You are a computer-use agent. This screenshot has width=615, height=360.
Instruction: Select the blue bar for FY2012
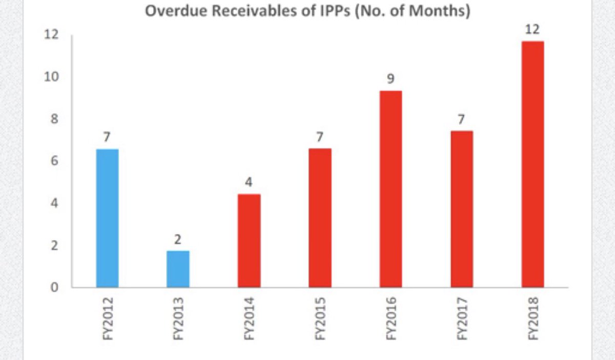tap(107, 218)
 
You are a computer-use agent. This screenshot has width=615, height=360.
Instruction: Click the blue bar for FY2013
tap(178, 269)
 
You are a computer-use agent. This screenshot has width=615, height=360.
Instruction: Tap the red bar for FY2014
tap(249, 241)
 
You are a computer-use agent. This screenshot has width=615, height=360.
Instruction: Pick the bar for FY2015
tap(320, 218)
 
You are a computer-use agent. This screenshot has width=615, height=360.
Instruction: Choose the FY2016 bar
tap(391, 189)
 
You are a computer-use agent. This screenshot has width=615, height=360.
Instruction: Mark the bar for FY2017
tap(462, 209)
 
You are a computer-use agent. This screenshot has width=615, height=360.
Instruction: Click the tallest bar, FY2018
tap(532, 164)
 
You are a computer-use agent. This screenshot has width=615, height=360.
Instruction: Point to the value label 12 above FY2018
tap(532, 30)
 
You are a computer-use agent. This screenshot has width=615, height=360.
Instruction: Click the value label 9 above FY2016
tap(391, 79)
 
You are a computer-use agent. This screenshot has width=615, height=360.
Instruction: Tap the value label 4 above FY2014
tap(249, 182)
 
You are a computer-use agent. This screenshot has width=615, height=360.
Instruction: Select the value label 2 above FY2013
tap(178, 239)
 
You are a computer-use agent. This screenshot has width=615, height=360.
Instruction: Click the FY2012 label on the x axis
tap(108, 318)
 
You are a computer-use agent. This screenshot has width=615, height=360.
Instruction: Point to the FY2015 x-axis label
tap(320, 318)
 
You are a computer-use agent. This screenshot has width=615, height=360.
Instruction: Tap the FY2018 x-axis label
tap(533, 318)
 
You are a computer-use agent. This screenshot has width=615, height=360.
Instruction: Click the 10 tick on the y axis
tap(53, 77)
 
